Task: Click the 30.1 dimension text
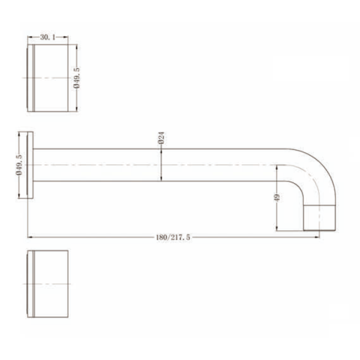(47, 37)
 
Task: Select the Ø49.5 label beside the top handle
(77, 78)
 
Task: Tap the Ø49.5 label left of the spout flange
(19, 164)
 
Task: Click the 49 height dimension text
(277, 197)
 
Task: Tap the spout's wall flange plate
(30, 164)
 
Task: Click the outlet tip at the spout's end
(320, 220)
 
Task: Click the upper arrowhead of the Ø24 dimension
(161, 151)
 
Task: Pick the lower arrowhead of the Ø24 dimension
(161, 178)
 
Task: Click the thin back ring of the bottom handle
(31, 282)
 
